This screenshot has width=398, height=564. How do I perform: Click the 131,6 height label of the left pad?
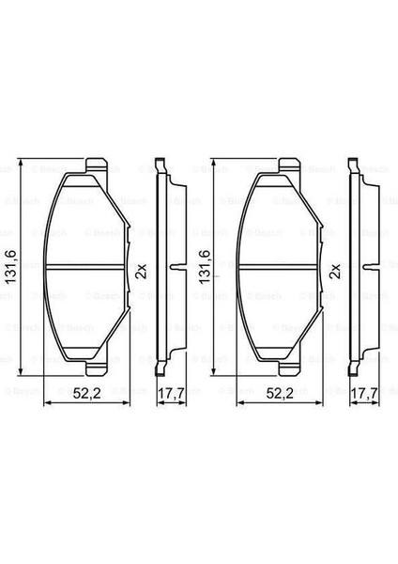tap(10, 267)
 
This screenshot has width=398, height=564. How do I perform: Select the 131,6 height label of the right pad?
tap(205, 267)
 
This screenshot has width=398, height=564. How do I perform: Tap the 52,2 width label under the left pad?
tap(87, 394)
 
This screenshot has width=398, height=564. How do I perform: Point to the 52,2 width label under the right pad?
tap(280, 394)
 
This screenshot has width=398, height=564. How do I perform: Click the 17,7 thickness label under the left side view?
tap(172, 394)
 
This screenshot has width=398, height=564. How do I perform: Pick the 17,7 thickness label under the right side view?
tap(364, 394)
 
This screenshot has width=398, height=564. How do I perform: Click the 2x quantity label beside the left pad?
tap(142, 271)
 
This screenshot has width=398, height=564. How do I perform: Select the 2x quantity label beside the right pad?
tap(335, 271)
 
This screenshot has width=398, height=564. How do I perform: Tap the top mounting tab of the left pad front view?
tap(97, 165)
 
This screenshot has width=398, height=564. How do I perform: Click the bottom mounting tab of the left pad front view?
tap(97, 368)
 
